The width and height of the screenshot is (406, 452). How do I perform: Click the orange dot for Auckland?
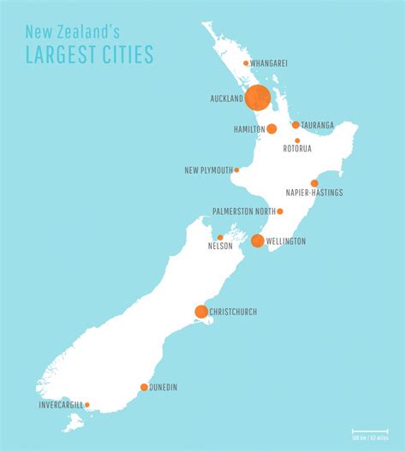[258, 98]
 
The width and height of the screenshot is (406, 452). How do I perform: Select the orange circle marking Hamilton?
[272, 129]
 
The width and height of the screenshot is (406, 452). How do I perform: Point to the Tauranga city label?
[319, 125]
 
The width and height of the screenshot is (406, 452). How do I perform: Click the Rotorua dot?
[297, 140]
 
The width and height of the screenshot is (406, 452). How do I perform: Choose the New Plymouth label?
[208, 170]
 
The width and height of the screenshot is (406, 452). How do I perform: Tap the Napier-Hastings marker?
[314, 183]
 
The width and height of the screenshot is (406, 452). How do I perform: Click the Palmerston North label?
[243, 211]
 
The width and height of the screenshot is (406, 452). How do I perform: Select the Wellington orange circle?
[257, 241]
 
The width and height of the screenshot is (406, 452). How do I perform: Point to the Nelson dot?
[220, 237]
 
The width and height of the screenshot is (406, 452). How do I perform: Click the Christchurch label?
[233, 312]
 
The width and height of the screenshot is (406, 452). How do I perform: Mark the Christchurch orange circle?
[201, 312]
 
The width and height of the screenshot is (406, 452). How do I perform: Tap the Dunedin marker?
[144, 387]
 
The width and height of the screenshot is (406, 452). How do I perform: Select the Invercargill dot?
[87, 405]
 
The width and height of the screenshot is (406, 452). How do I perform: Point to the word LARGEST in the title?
[61, 56]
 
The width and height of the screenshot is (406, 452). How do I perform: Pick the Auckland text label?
[226, 98]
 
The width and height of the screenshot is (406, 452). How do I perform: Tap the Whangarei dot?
[246, 63]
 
